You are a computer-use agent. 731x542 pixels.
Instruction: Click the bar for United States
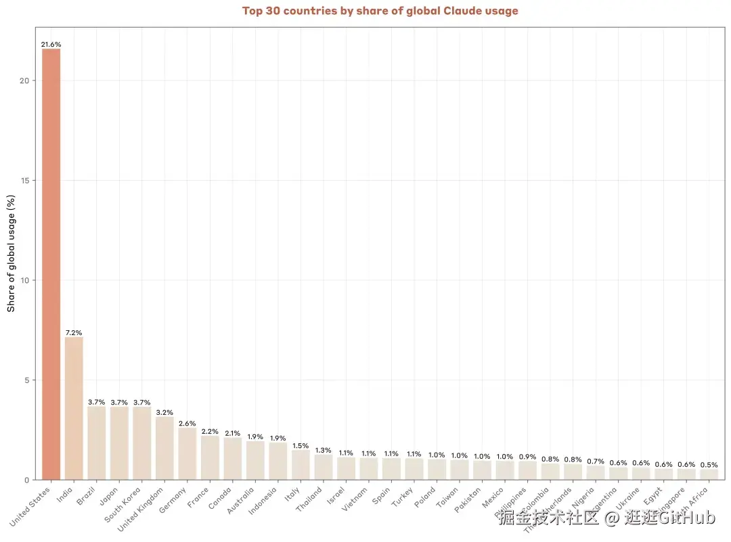[x=51, y=264]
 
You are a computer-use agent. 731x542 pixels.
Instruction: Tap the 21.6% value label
[x=51, y=44]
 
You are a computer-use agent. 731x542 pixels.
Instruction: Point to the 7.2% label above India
[x=74, y=332]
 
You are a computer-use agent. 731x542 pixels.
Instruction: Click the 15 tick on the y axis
[x=24, y=180]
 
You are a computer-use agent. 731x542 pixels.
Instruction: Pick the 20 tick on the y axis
[x=24, y=81]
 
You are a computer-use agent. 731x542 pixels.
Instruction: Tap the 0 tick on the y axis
[x=26, y=480]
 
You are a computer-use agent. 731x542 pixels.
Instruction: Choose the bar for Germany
[x=187, y=453]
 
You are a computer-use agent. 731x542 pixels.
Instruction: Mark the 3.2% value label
[x=164, y=412]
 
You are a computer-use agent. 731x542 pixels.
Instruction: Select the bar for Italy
[x=301, y=465]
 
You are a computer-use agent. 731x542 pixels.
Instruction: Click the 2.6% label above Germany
[x=187, y=423]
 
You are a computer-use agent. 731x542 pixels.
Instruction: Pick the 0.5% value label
[x=709, y=465]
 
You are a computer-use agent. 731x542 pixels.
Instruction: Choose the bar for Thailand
[x=324, y=467]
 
